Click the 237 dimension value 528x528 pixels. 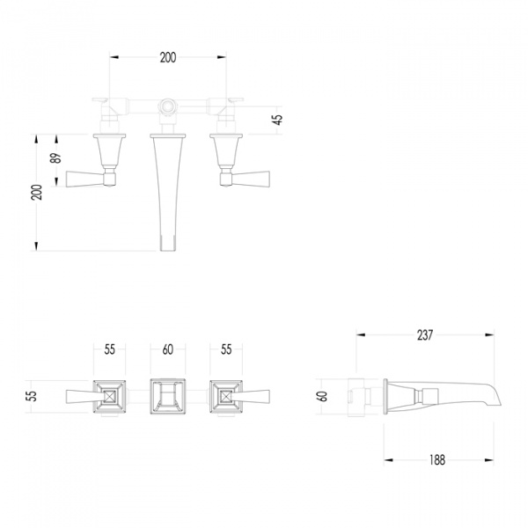tap(425, 335)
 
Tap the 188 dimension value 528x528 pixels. tap(437, 460)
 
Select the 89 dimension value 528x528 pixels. tap(56, 158)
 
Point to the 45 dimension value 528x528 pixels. tap(278, 120)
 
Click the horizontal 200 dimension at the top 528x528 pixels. tap(168, 57)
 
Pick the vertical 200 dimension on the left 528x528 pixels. tap(37, 192)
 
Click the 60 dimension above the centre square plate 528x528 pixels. tap(168, 349)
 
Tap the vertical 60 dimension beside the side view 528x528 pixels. tap(322, 396)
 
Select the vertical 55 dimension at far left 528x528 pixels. tap(33, 396)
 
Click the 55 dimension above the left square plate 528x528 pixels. tap(109, 349)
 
